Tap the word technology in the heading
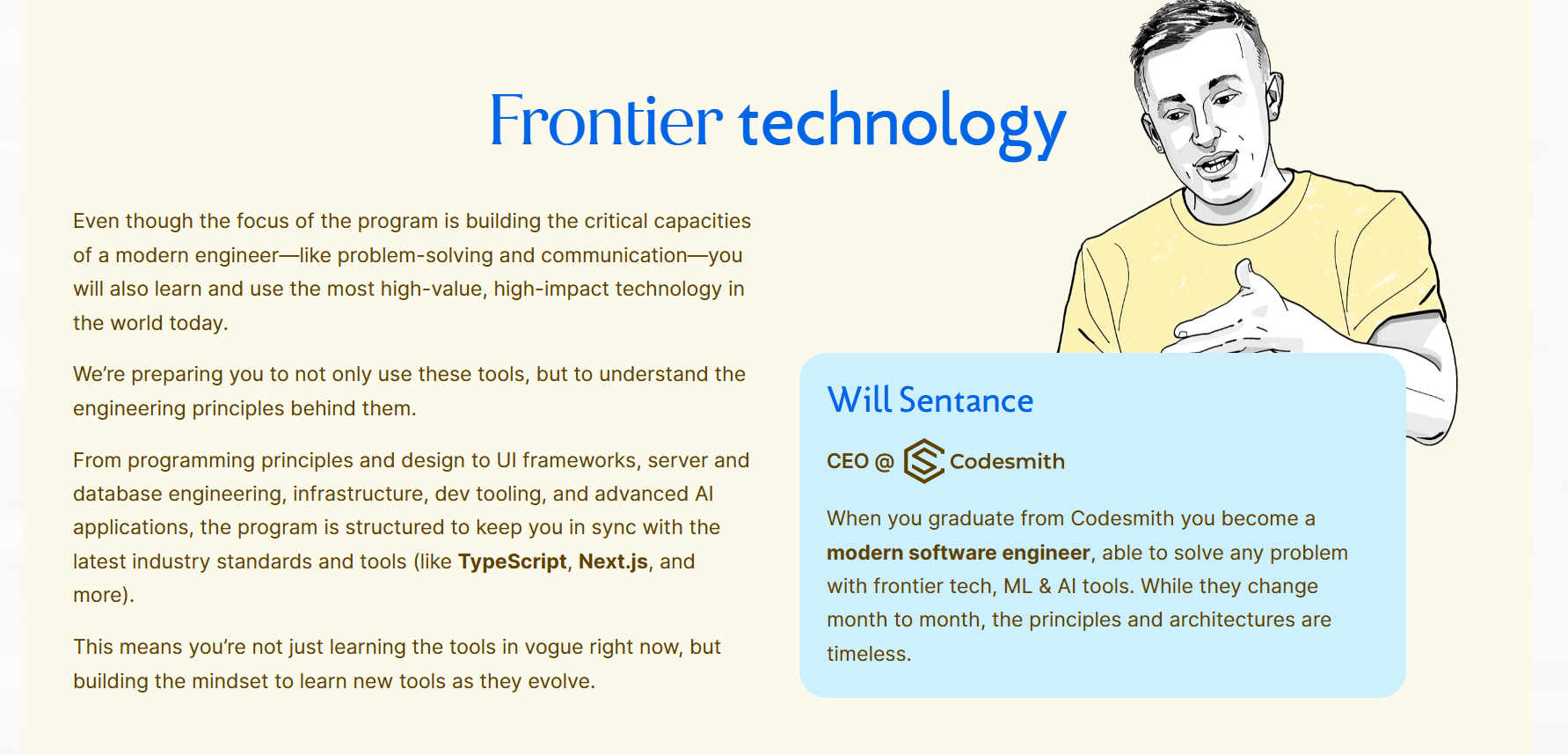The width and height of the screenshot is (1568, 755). coord(902,124)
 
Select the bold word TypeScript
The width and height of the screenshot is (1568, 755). coord(512,562)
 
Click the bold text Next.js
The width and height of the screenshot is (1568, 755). coord(613,561)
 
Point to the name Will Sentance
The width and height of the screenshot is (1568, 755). coord(930,400)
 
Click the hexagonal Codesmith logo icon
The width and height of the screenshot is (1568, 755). coord(924,461)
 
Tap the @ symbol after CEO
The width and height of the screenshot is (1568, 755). coord(885,462)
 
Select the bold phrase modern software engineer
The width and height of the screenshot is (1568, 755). coord(959,553)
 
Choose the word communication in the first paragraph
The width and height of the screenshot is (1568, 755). coord(614,255)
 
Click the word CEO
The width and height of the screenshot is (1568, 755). coord(848,462)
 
